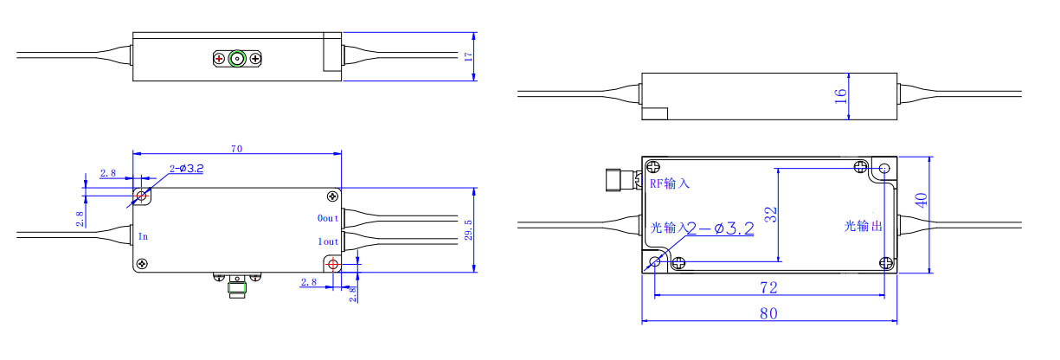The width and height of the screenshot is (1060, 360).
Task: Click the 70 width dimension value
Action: coord(236,149)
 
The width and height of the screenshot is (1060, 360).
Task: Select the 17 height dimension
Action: coord(468,57)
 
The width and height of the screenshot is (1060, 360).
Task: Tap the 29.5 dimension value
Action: coord(468,230)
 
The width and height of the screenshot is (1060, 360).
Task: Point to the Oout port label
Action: coord(327,218)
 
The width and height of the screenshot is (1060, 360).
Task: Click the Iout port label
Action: coord(328,241)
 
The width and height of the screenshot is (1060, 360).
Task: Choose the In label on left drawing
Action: coord(143,236)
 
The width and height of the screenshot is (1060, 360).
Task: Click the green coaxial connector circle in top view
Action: coord(237,59)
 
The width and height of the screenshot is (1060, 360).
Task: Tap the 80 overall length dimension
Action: coord(768,313)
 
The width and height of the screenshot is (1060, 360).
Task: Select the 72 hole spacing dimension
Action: coord(768,287)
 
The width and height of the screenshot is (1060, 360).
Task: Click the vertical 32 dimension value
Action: coord(771,215)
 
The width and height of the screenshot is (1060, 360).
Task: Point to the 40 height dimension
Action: coord(921,200)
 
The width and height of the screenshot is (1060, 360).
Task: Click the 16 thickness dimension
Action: coord(840,96)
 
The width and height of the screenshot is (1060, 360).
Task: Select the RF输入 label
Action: coord(669,183)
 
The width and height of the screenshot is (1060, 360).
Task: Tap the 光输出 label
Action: coord(864,226)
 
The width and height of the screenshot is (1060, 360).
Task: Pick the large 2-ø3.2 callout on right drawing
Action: coord(720,229)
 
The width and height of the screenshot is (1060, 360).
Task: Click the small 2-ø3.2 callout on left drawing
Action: coord(186,169)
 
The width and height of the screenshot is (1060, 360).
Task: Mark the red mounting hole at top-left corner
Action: coord(141,196)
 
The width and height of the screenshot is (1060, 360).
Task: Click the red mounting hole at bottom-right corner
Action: coord(333,264)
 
